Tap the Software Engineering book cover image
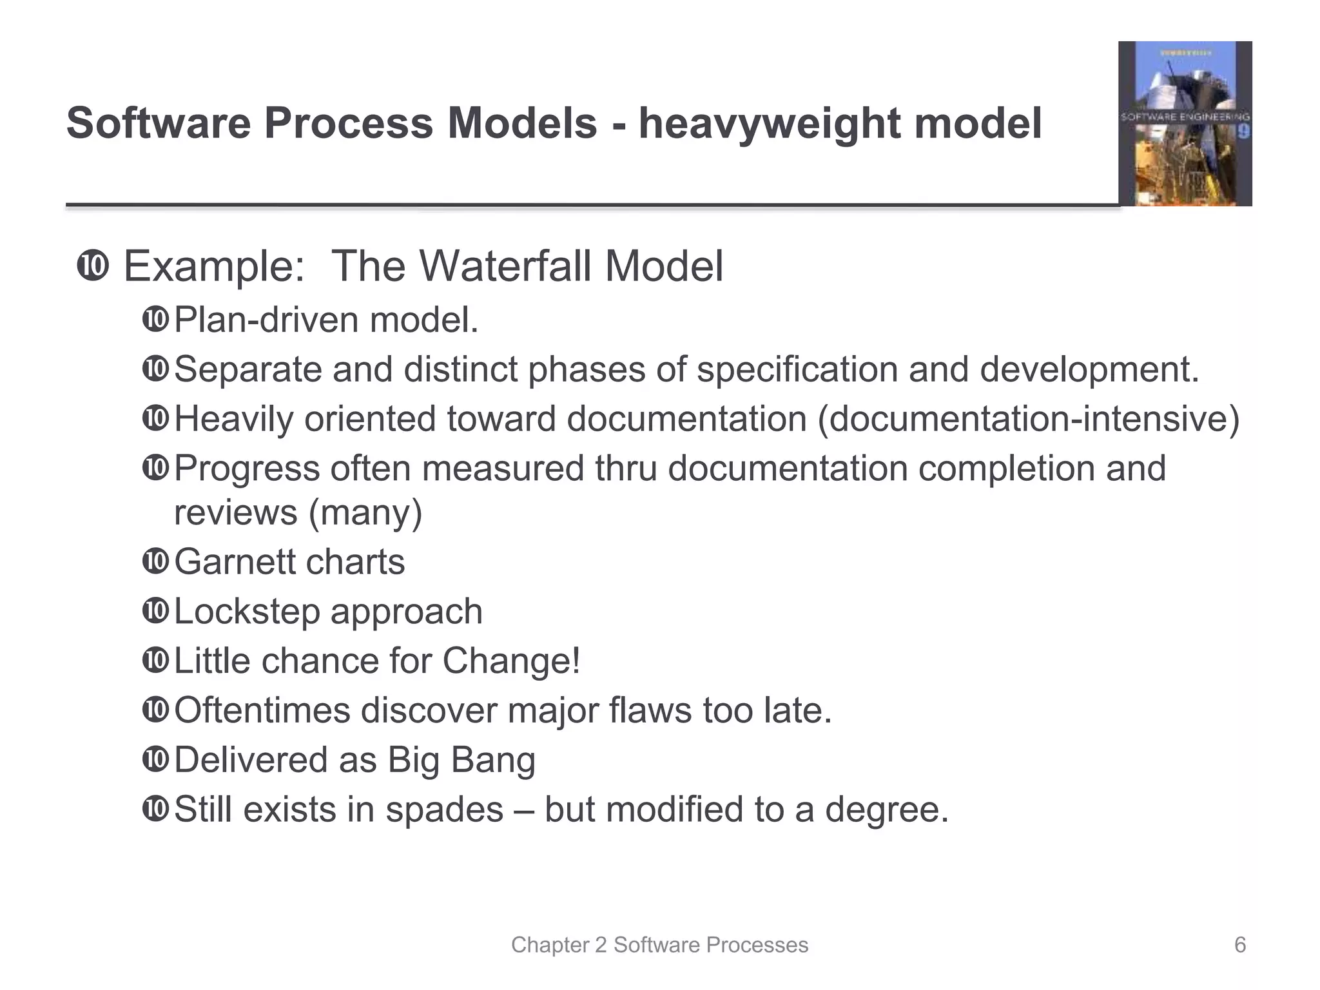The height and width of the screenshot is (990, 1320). [x=1185, y=124]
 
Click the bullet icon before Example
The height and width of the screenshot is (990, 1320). [x=93, y=266]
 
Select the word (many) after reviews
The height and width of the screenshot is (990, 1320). [x=365, y=513]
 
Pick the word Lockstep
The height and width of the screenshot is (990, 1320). [x=247, y=612]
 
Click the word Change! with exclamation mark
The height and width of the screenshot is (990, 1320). [x=511, y=661]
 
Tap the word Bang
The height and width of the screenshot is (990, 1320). [x=493, y=760]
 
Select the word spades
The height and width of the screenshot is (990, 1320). [x=444, y=810]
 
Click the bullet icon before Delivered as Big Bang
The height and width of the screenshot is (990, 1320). [x=155, y=760]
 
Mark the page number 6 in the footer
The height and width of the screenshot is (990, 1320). [x=1239, y=945]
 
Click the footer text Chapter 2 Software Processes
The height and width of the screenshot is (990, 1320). [x=659, y=945]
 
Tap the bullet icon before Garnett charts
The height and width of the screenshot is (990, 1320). [x=155, y=562]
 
